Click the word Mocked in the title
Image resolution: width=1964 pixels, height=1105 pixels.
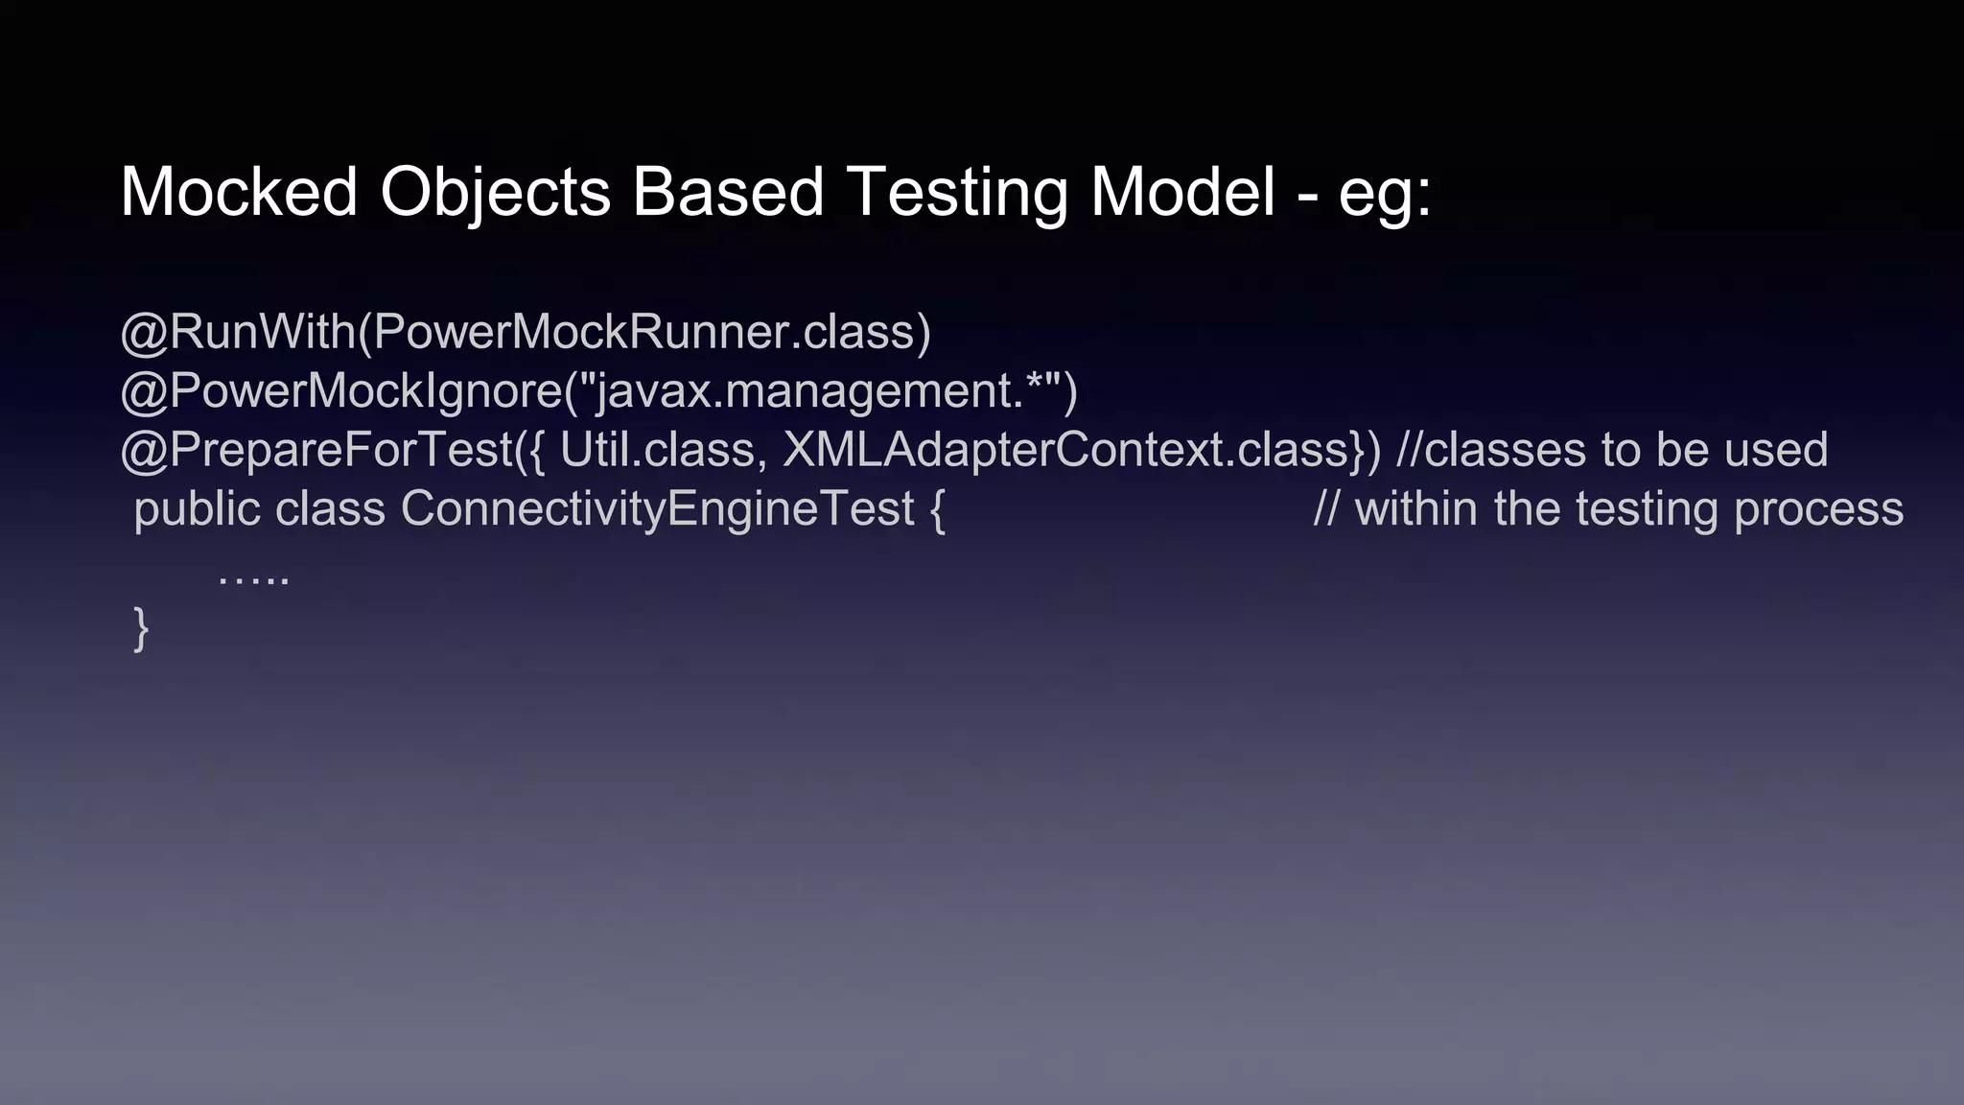click(239, 192)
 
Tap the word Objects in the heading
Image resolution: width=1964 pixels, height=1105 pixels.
click(495, 192)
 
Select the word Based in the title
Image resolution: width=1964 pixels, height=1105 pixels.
click(728, 192)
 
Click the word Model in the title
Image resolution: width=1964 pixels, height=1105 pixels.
click(1182, 192)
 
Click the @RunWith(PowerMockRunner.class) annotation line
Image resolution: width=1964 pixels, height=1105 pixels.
click(526, 333)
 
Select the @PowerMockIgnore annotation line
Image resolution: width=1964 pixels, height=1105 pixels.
click(598, 391)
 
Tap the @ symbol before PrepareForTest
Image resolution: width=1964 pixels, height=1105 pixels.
click(144, 451)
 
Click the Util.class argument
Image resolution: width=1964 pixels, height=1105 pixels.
click(662, 451)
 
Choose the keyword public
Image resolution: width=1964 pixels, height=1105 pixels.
click(197, 509)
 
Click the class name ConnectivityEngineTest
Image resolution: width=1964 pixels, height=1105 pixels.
click(657, 509)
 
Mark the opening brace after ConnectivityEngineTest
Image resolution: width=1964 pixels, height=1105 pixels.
click(937, 510)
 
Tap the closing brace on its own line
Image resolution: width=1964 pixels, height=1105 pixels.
click(141, 629)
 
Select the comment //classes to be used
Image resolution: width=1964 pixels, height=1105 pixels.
click(1612, 451)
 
